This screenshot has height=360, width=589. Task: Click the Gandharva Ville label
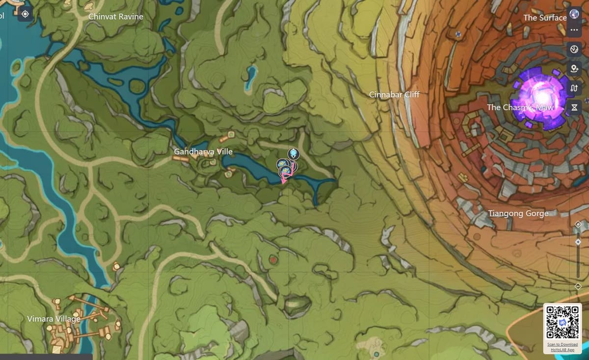point(203,152)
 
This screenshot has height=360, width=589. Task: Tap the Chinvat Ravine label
point(116,17)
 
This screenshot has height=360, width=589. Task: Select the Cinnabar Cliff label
point(394,94)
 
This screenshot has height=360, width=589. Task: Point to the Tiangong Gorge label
point(518,214)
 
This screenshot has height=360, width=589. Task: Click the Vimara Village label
point(54,319)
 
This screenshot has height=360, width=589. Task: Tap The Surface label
point(544,18)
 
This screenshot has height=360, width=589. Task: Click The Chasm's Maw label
point(520,108)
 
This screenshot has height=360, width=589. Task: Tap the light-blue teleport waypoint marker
point(294,153)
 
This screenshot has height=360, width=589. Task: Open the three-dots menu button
point(574,30)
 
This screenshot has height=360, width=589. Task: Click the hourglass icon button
point(574,107)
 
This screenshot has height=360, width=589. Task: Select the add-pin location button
point(574,69)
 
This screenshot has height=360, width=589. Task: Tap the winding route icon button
point(574,88)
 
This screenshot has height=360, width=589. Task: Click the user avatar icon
point(574,13)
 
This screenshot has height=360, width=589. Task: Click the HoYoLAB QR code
point(562,322)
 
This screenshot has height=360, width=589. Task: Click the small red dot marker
point(273,259)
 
